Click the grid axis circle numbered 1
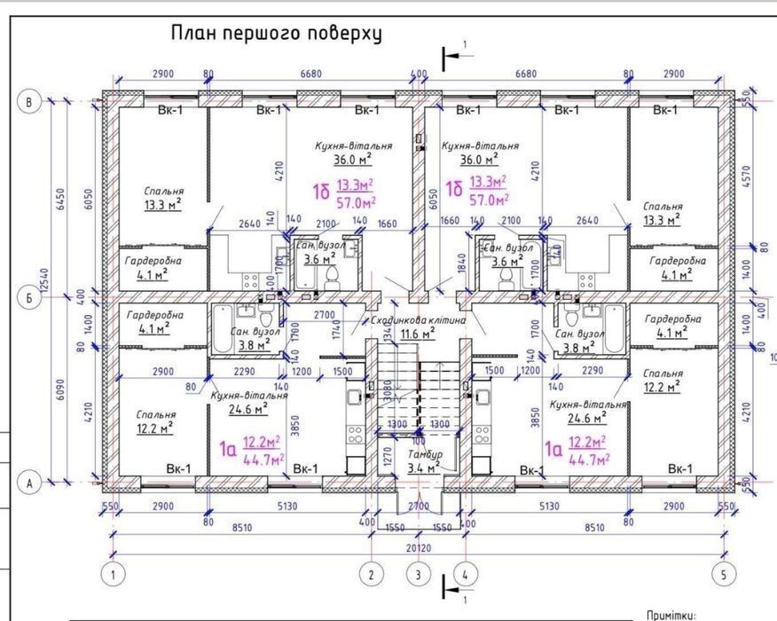click(x=113, y=574)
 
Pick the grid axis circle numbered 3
click(x=417, y=574)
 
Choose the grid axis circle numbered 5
click(x=725, y=574)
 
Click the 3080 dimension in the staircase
click(x=387, y=388)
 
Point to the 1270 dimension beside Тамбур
click(x=387, y=457)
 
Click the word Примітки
click(x=674, y=613)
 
